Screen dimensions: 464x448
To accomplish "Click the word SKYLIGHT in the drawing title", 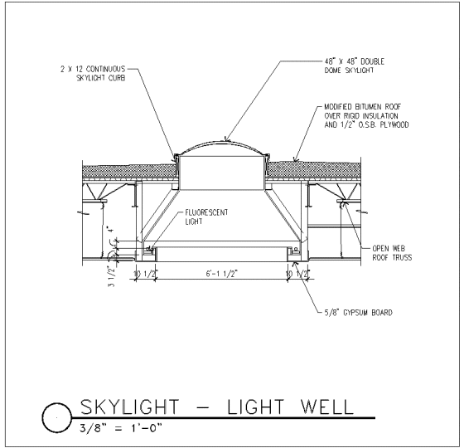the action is [129, 407].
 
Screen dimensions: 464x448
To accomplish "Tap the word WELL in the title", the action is [327, 407].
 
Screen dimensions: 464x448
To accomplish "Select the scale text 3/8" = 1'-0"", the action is [121, 428].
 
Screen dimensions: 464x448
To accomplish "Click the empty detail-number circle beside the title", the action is [57, 418].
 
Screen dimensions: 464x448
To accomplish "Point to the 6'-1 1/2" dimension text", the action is [222, 274].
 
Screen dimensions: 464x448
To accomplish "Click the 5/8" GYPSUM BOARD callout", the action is [358, 313].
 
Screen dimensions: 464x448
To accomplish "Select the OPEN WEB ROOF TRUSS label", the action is [392, 253].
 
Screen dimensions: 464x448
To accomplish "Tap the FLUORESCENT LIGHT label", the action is [206, 217].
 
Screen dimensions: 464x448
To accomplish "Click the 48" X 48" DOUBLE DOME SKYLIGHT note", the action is [355, 66].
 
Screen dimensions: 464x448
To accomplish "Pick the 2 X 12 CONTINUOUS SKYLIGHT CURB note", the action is [93, 74].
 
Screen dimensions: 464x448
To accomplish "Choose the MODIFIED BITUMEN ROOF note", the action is [366, 116].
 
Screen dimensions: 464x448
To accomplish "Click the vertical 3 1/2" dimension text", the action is [111, 276].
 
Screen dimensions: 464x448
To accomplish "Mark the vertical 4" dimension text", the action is [110, 230].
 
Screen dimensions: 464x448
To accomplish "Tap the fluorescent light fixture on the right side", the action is [294, 251].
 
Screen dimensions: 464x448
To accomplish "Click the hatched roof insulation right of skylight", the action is [314, 170].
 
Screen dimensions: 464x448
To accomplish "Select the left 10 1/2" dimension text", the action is [145, 275].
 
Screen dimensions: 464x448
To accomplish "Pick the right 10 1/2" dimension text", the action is [297, 275].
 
